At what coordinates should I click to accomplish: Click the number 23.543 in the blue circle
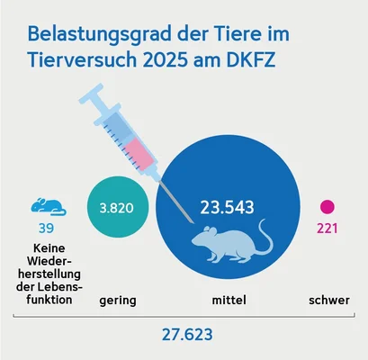[226, 207]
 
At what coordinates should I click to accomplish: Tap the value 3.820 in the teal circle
[116, 207]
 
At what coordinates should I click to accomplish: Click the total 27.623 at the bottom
[184, 336]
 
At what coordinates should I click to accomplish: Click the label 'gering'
[118, 299]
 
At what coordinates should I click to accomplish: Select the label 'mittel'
[226, 299]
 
